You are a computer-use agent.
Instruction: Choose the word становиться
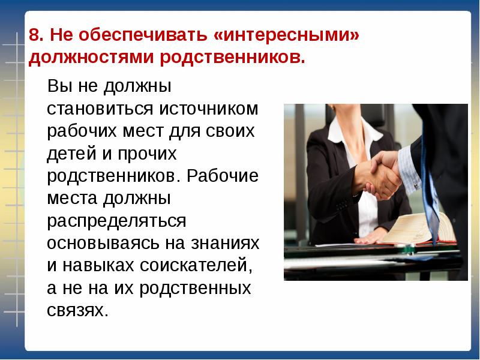[x=100, y=109]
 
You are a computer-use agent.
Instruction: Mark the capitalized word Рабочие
[x=223, y=176]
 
